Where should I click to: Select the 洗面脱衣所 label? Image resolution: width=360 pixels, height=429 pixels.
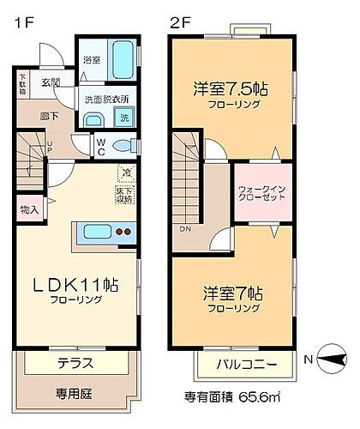(106, 99)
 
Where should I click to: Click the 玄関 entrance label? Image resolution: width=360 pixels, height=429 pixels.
(50, 82)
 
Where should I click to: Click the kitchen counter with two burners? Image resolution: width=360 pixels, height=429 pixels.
(108, 231)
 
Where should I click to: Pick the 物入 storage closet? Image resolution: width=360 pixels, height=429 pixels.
(28, 209)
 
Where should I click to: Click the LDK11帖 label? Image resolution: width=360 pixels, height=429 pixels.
(75, 286)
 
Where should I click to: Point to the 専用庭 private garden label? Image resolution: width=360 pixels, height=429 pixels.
(75, 394)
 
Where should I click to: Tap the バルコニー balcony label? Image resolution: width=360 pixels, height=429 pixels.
(246, 365)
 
